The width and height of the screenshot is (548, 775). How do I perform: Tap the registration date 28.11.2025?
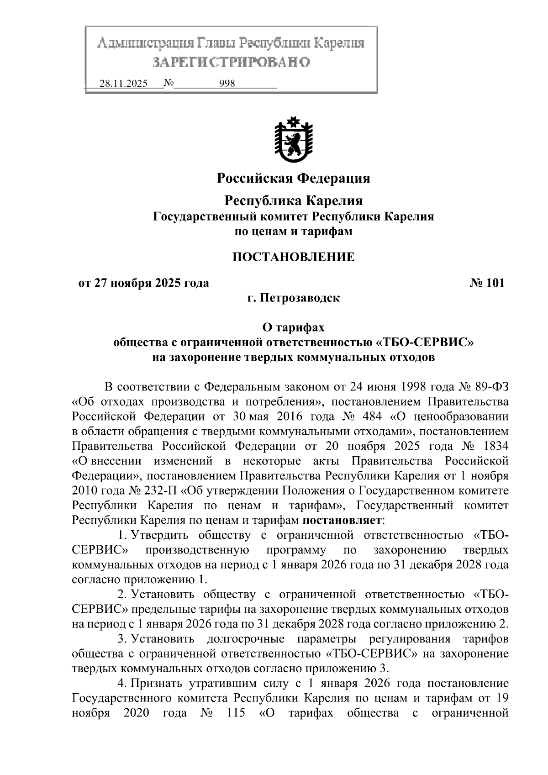[123, 84]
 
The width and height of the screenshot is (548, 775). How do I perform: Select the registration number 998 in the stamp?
[227, 84]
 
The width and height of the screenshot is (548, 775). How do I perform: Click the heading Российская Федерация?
[293, 178]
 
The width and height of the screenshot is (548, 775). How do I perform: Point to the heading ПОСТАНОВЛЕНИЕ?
[293, 257]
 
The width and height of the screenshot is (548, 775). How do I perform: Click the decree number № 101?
[487, 283]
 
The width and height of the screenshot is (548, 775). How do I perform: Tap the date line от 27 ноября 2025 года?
[144, 283]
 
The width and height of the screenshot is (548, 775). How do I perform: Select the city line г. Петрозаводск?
[293, 299]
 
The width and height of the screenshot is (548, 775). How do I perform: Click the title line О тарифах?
[293, 327]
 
